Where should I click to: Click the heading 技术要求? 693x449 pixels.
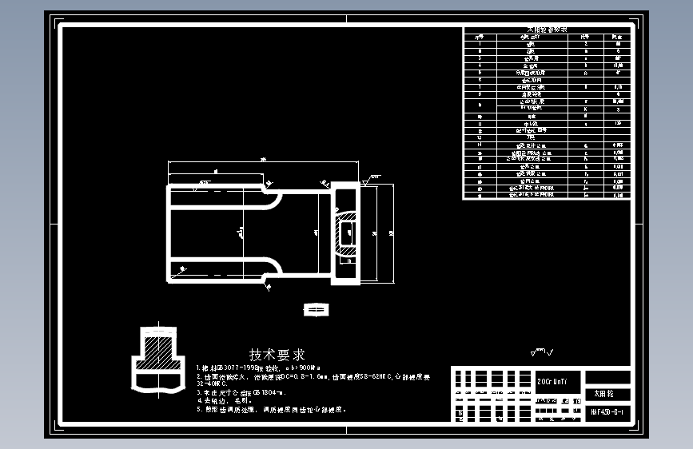[x=277, y=354]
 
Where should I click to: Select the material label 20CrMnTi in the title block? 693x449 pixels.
[x=552, y=382]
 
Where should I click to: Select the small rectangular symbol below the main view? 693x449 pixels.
[x=316, y=308]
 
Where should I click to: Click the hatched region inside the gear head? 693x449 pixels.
[x=347, y=233]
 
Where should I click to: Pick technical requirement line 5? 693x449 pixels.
[x=272, y=409]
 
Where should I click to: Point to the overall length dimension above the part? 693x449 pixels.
[x=264, y=160]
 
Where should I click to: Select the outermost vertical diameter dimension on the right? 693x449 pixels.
[x=391, y=232]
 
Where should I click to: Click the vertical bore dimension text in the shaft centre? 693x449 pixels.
[x=240, y=232]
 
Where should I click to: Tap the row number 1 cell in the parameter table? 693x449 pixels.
[x=480, y=42]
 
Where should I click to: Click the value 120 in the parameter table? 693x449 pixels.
[x=616, y=124]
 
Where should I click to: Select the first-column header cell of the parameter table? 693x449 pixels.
[x=480, y=36]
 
